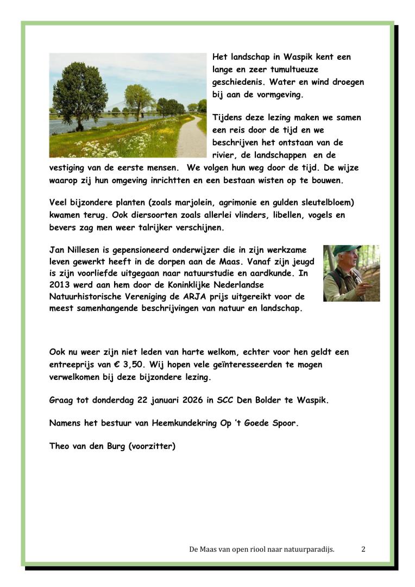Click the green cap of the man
pyautogui.click(x=346, y=250)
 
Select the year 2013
pyautogui.click(x=60, y=285)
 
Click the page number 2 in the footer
pyautogui.click(x=363, y=549)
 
